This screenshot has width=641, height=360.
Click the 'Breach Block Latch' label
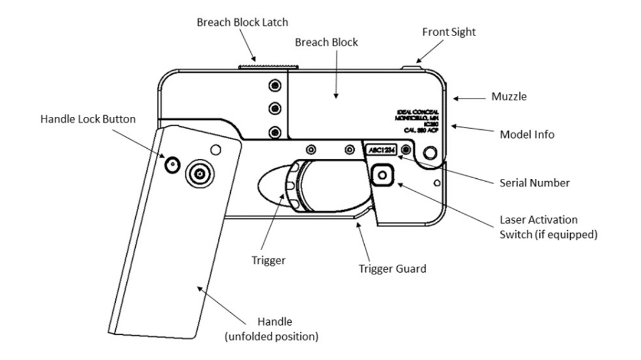(242, 22)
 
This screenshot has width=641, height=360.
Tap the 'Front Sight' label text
(449, 32)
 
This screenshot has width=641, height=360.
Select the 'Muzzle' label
(509, 96)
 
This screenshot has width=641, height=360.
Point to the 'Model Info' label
(527, 135)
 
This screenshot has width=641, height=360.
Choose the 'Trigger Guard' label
(393, 269)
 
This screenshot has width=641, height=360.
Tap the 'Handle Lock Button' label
(88, 119)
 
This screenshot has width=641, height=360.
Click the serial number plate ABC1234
(379, 150)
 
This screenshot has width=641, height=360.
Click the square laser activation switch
(383, 175)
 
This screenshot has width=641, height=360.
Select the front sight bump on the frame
(411, 67)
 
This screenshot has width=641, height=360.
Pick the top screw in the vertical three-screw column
(273, 87)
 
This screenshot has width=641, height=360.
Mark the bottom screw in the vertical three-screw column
(273, 131)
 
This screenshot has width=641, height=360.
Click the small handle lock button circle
(172, 165)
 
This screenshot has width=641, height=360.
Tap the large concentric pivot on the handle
(200, 173)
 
